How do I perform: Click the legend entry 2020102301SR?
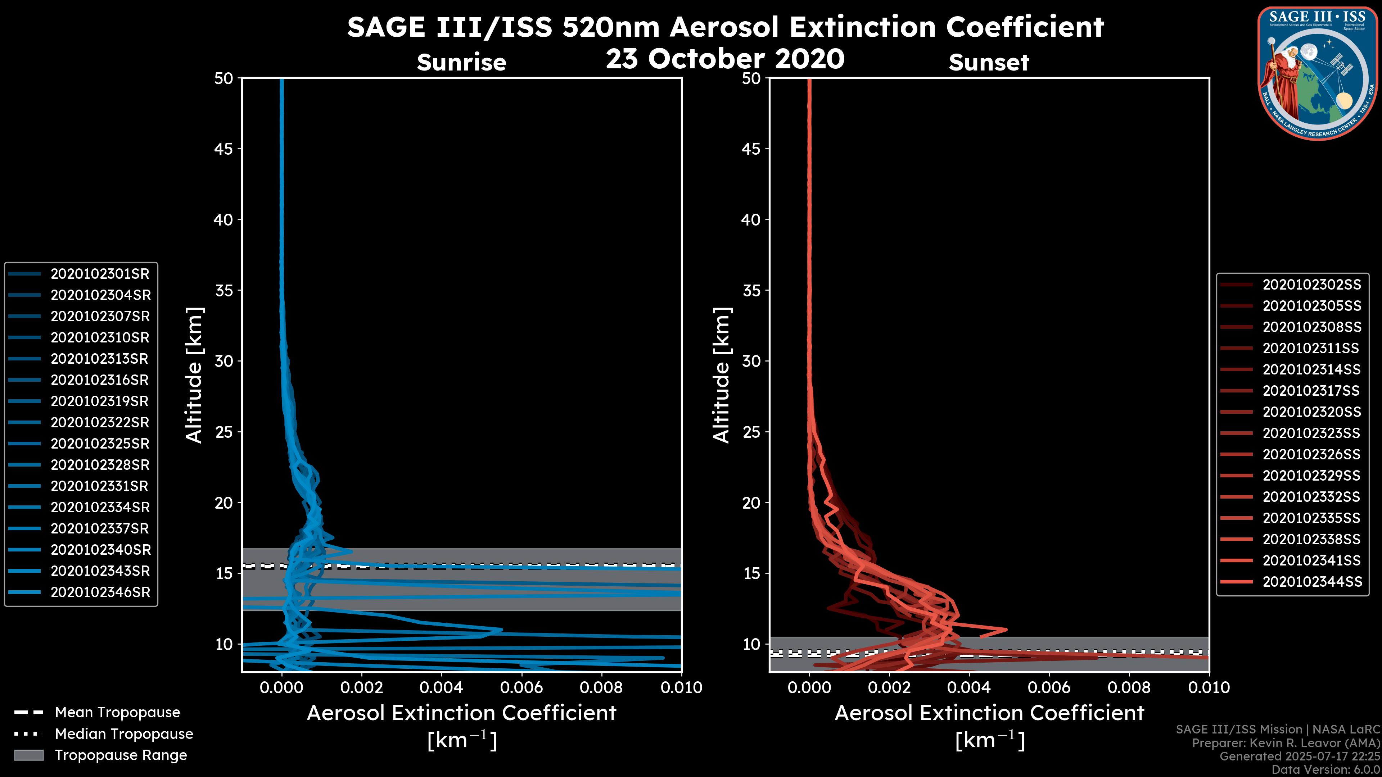click(x=100, y=274)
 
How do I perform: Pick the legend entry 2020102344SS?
click(x=1312, y=582)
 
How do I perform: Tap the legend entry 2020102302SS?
click(x=1312, y=285)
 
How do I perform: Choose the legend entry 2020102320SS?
click(x=1312, y=412)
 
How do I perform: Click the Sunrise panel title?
click(x=461, y=62)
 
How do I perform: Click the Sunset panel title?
click(x=989, y=62)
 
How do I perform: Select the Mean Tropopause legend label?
click(x=117, y=713)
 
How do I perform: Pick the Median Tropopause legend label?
click(x=123, y=734)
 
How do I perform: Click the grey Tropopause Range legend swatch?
click(x=28, y=755)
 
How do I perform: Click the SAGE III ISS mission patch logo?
click(x=1317, y=73)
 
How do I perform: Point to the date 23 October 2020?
click(x=725, y=59)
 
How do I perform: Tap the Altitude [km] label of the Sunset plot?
click(x=722, y=375)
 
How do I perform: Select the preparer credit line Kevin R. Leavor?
click(x=1286, y=743)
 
